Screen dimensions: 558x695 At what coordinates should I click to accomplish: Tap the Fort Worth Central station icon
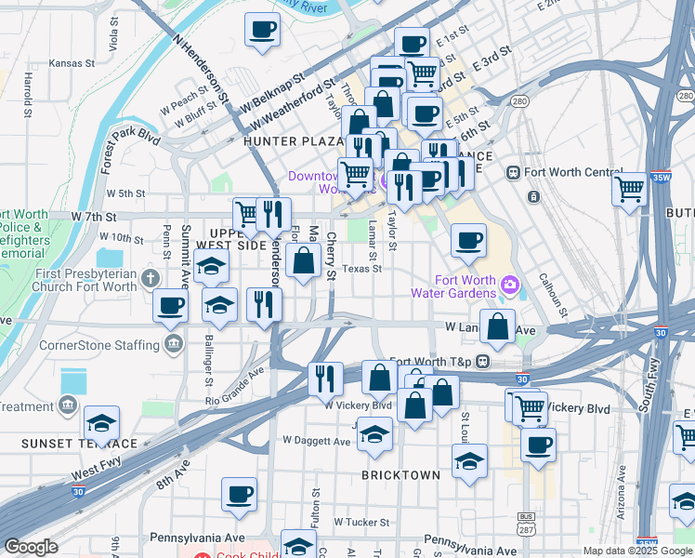pyautogui.click(x=512, y=173)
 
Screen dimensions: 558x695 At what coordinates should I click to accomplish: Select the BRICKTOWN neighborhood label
pyautogui.click(x=400, y=475)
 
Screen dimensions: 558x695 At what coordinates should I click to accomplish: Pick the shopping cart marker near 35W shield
pyautogui.click(x=630, y=189)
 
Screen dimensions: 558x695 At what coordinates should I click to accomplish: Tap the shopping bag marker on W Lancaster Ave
pyautogui.click(x=497, y=326)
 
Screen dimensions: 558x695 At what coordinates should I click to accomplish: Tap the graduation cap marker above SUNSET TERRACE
pyautogui.click(x=101, y=424)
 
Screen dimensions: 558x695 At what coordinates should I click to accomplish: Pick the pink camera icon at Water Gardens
pyautogui.click(x=508, y=284)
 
